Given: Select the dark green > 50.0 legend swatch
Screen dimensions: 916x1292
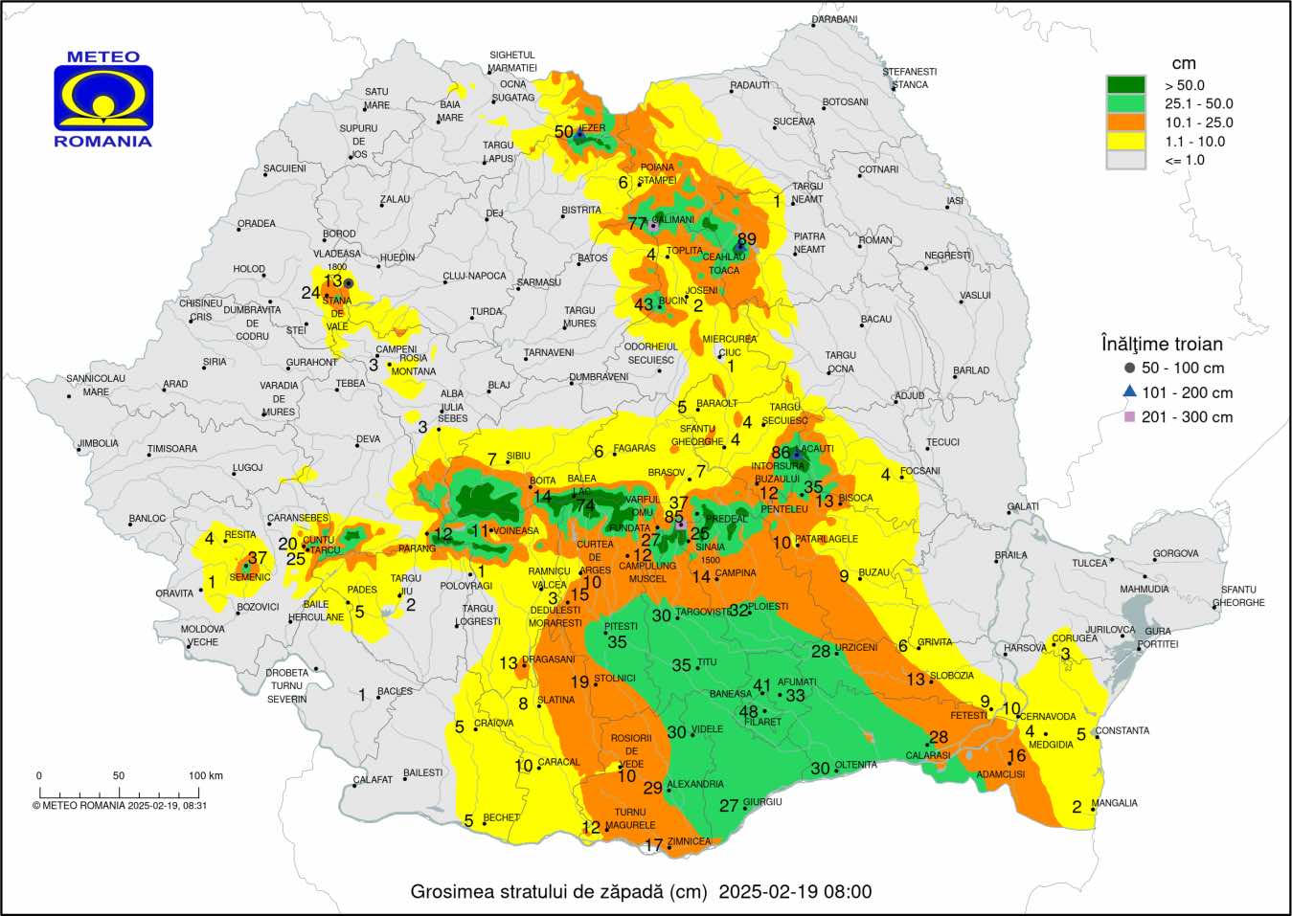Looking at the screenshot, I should pos(1125,85).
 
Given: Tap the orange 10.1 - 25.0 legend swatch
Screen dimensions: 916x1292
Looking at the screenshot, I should pos(1125,123).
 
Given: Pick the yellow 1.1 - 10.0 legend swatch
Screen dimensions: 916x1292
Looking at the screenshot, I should pos(1125,142).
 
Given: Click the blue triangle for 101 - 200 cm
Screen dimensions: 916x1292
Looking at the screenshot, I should pos(1130,391).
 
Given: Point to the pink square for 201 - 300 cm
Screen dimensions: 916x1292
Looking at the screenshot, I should pos(1130,417).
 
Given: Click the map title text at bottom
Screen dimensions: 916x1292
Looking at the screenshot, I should pos(641,892).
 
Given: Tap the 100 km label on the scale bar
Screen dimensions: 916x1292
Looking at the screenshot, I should pos(205,775).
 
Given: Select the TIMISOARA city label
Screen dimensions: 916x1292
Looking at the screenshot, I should pos(172,449).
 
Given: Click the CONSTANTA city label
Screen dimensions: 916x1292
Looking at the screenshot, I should pos(1122,730).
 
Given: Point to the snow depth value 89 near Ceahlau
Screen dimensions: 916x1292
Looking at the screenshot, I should pos(746,239).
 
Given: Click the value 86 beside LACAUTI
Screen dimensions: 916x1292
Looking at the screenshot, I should pos(781,452).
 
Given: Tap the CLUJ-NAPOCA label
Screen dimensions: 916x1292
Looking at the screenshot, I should pos(474,277).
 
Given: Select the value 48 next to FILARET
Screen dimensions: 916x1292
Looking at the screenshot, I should pos(748,711).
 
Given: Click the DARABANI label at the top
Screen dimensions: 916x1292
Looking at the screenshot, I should pos(834,20).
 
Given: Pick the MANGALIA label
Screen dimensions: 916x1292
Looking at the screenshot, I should pos(1115,803).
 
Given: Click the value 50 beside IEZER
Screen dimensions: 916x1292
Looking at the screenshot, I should pos(563,132).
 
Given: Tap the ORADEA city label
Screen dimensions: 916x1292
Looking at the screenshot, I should pos(257,224).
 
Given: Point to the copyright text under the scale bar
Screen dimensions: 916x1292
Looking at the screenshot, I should pos(120,806).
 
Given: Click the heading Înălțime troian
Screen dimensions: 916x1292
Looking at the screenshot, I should pos(1161,344).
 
